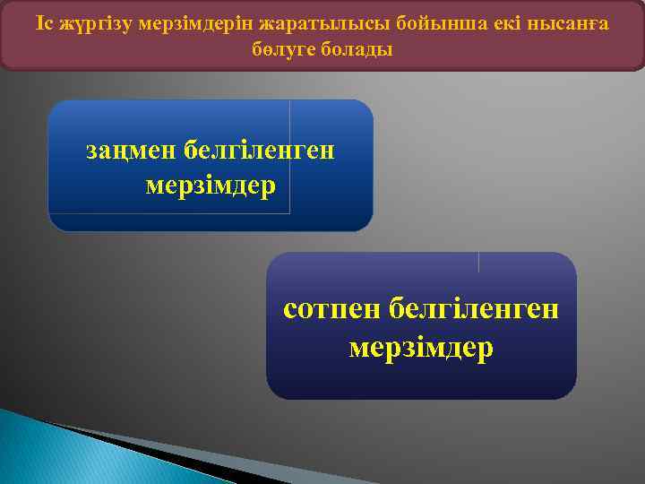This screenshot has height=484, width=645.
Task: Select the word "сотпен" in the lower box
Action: pyautogui.click(x=333, y=308)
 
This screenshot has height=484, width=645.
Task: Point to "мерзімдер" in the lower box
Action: pyautogui.click(x=421, y=346)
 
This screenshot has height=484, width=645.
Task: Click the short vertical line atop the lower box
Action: pyautogui.click(x=479, y=262)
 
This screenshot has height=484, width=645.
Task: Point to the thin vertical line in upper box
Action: pyautogui.click(x=290, y=157)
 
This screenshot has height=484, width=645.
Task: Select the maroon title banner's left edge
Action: pyautogui.click(x=3, y=36)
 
